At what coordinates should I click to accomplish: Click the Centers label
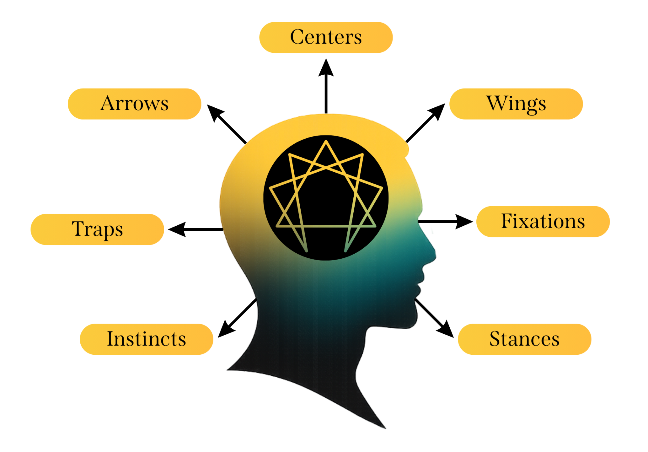[x=326, y=37]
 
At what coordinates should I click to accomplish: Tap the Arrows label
[x=134, y=104]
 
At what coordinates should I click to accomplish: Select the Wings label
[x=516, y=104]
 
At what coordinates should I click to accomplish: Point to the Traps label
[x=97, y=229]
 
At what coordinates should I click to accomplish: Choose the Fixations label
[x=543, y=222]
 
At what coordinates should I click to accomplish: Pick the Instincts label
[x=146, y=339]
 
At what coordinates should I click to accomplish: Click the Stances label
[x=524, y=339]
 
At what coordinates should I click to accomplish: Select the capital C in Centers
[x=297, y=37]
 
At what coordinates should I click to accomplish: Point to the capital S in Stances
[x=495, y=339]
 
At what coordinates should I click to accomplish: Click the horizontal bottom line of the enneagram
[x=326, y=226]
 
